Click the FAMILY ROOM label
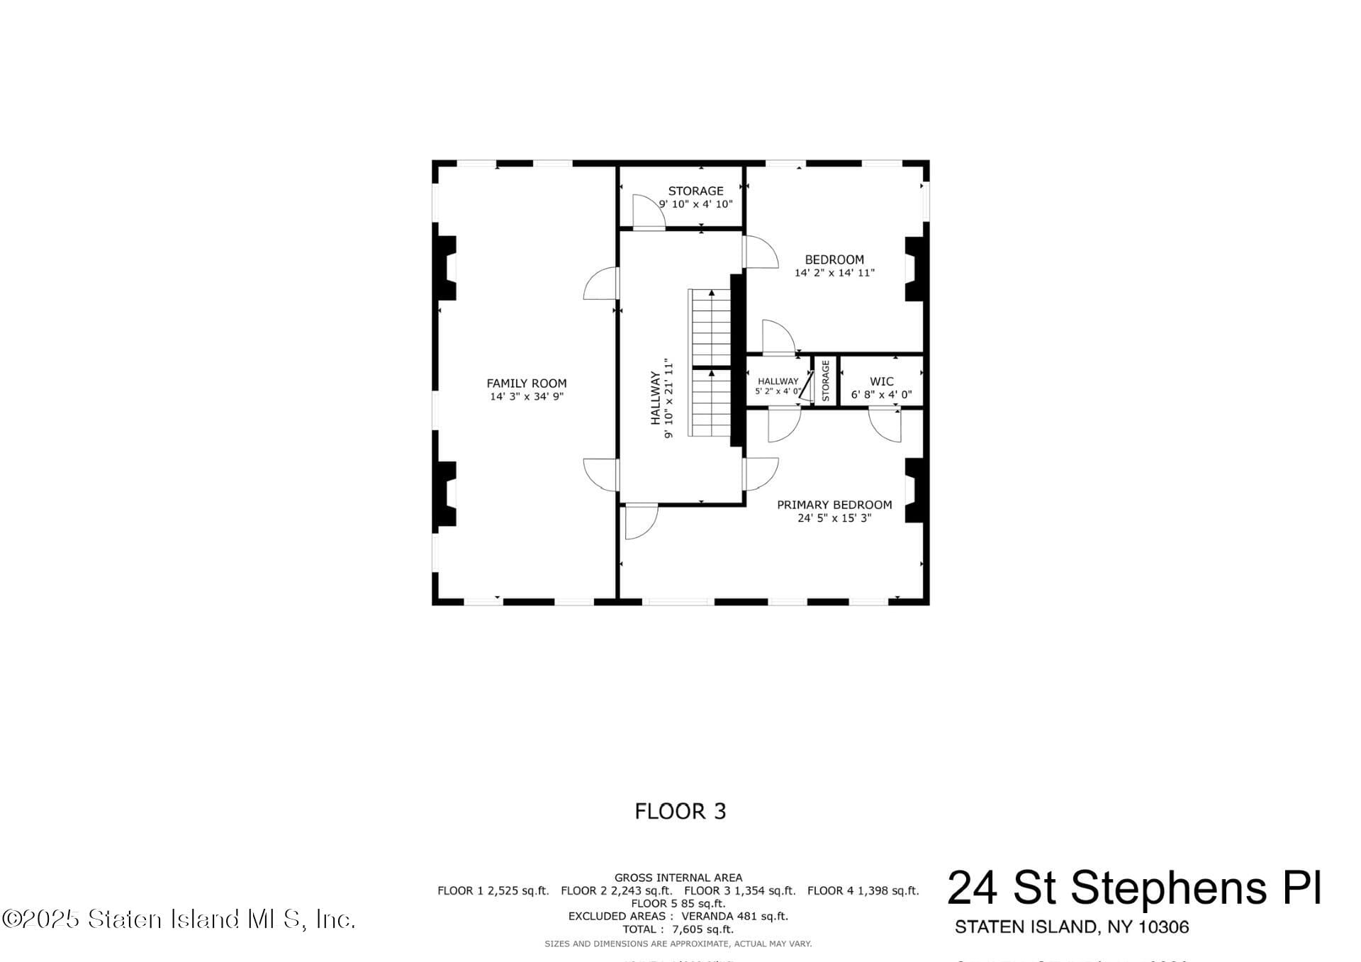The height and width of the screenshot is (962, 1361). click(526, 384)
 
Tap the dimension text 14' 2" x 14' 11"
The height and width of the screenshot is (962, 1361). click(834, 273)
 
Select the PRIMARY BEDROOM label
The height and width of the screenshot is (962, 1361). click(834, 505)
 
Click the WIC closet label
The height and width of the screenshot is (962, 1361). click(881, 381)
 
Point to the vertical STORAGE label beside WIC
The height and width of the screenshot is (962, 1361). click(826, 381)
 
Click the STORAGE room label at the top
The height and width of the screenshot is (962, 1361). click(695, 191)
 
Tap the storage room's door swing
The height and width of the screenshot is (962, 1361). click(647, 212)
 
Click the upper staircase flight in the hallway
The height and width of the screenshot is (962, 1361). click(711, 328)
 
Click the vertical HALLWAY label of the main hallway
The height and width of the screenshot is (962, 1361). click(656, 398)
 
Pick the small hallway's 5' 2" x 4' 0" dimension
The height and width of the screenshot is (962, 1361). click(778, 391)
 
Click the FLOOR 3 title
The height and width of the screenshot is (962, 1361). click(680, 811)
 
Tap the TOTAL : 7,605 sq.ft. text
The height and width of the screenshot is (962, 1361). click(678, 929)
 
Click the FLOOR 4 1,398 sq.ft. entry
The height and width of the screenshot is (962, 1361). click(863, 891)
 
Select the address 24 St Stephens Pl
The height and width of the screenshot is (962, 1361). click(1134, 888)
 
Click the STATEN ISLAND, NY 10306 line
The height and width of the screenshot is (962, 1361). click(1072, 927)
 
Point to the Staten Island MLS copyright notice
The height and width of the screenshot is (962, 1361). click(178, 919)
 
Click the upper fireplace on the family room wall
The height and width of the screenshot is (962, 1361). click(445, 268)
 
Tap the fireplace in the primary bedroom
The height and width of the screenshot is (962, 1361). click(914, 491)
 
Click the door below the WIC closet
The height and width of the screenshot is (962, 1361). click(886, 425)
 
